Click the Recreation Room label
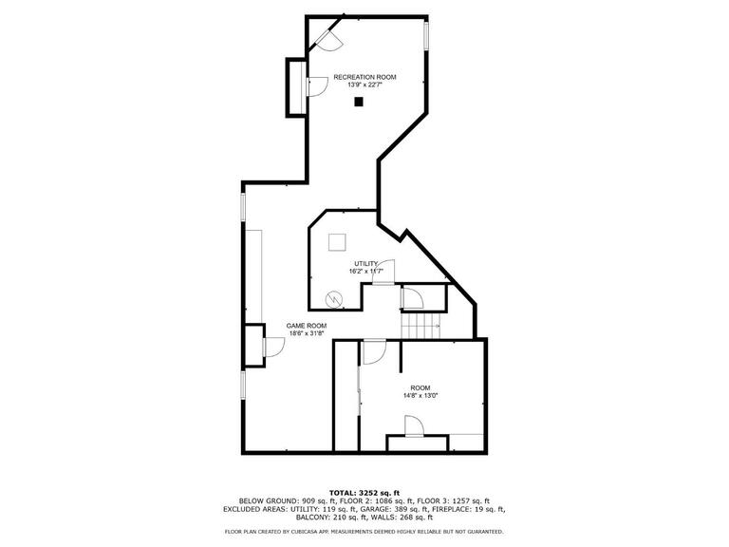(x=364, y=77)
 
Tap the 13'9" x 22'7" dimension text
(x=364, y=85)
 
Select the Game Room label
(x=307, y=326)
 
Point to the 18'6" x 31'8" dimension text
(x=307, y=333)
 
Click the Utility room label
(x=366, y=264)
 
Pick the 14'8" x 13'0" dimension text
(x=421, y=396)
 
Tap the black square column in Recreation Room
(x=359, y=102)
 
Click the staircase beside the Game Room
(x=421, y=326)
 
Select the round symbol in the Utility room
(x=334, y=298)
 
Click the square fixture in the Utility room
(x=337, y=242)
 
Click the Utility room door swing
(x=384, y=273)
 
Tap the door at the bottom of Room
(x=414, y=426)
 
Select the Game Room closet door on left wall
(x=273, y=348)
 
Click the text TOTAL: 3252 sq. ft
(x=364, y=493)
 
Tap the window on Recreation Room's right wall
(x=426, y=35)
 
